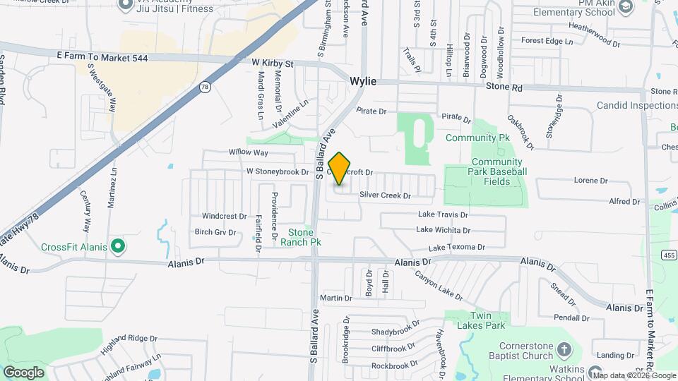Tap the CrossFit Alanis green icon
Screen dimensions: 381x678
[x=119, y=246]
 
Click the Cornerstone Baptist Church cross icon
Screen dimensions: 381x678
[x=564, y=349]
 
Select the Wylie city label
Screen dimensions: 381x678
[x=363, y=82]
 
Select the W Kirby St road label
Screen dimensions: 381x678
[x=272, y=64]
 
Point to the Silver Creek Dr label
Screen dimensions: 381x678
[x=385, y=195]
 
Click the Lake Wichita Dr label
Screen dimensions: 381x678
[x=443, y=230]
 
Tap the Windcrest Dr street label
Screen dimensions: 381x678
[x=224, y=217]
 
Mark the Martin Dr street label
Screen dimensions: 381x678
[x=331, y=298]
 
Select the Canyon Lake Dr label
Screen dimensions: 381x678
[x=438, y=285]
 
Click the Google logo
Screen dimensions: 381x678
[x=23, y=372]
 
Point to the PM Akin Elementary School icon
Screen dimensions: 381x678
[x=625, y=6]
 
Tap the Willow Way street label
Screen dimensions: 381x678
[x=248, y=152]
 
